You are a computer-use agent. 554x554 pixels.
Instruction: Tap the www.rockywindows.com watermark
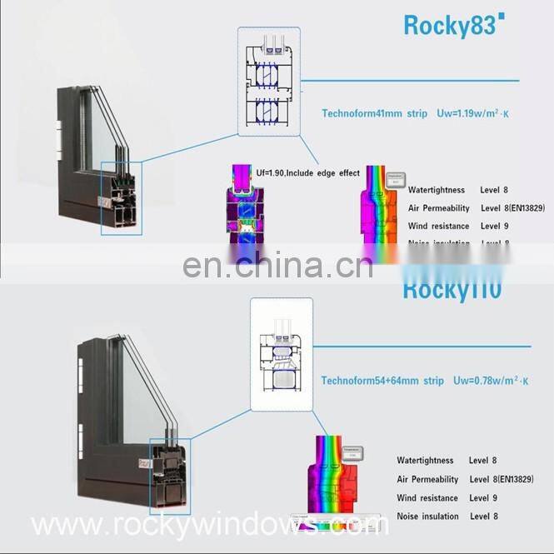click(208, 525)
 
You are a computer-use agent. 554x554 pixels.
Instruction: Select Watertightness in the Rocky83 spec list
click(436, 191)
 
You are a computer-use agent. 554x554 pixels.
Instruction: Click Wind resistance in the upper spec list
click(437, 226)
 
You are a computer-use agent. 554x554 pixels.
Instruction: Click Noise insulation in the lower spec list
click(427, 517)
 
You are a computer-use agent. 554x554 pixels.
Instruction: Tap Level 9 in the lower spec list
click(483, 498)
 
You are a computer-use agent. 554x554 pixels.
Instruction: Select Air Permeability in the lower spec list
click(427, 480)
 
